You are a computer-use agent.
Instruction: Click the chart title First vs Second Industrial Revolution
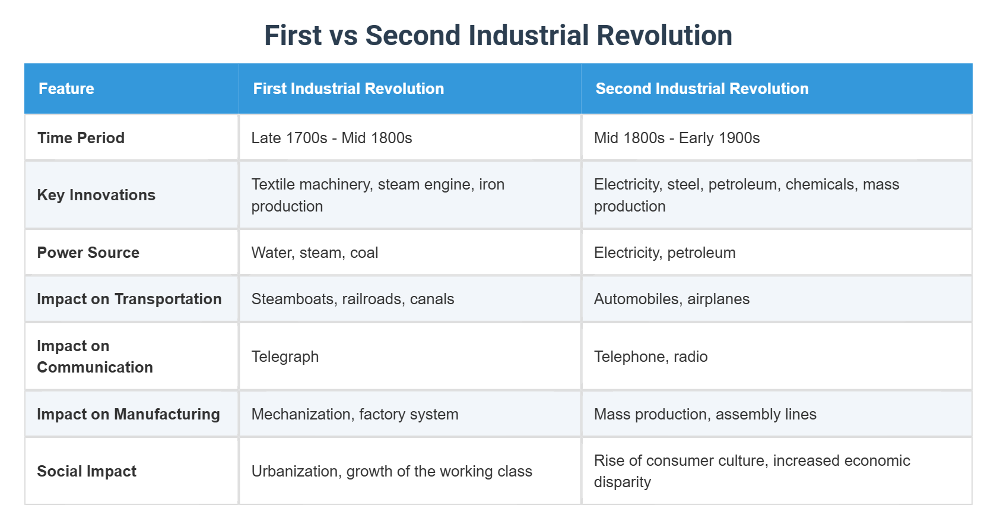pyautogui.click(x=498, y=36)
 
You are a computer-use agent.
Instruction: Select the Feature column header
pyautogui.click(x=66, y=89)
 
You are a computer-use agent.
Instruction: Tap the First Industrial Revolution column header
pyautogui.click(x=348, y=89)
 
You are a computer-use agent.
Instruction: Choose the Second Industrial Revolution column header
pyautogui.click(x=702, y=89)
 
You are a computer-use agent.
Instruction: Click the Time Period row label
pyautogui.click(x=81, y=138)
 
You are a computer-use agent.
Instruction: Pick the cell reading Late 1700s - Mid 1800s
pyautogui.click(x=332, y=138)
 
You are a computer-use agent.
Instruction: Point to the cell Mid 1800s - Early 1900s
pyautogui.click(x=677, y=138)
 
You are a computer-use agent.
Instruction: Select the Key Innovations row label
pyautogui.click(x=96, y=195)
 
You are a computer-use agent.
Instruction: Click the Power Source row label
pyautogui.click(x=88, y=253)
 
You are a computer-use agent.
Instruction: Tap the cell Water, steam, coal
pyautogui.click(x=315, y=253)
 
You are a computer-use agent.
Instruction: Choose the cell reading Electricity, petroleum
pyautogui.click(x=665, y=253)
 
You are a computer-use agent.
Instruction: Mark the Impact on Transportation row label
pyautogui.click(x=129, y=299)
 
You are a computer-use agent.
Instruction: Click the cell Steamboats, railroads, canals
pyautogui.click(x=353, y=299)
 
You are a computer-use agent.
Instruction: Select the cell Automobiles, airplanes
pyautogui.click(x=672, y=299)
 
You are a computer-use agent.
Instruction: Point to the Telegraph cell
pyautogui.click(x=285, y=357)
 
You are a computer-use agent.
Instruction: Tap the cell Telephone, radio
pyautogui.click(x=650, y=357)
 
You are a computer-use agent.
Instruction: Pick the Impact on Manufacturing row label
pyautogui.click(x=128, y=414)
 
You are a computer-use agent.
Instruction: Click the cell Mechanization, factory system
pyautogui.click(x=355, y=414)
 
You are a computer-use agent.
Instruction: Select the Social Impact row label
pyautogui.click(x=87, y=471)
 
